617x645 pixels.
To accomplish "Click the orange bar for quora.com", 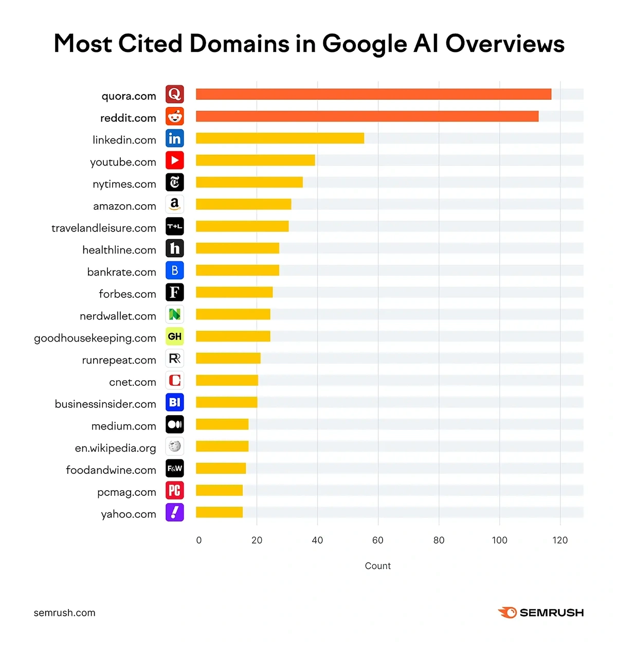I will tap(373, 94).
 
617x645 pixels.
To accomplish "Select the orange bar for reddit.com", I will tap(367, 116).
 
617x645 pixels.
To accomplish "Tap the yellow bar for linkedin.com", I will tap(280, 138).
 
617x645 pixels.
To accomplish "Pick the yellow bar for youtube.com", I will tap(255, 160).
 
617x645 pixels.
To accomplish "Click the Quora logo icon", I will tap(175, 94).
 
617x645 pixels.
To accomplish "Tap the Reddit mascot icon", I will tap(175, 116).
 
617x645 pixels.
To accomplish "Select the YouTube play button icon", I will tap(175, 160).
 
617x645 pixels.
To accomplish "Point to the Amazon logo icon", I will tap(175, 204).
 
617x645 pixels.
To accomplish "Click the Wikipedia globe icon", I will tap(175, 446).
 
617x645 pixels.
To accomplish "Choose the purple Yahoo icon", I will tap(175, 512).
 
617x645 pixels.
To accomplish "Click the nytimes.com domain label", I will tap(124, 184).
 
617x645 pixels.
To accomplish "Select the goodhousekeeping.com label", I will tap(95, 338).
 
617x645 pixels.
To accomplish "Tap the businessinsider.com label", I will tap(105, 404).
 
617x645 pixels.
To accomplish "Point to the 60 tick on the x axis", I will tap(378, 540).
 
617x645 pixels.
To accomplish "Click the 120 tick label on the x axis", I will tap(560, 540).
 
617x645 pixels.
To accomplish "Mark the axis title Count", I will tap(378, 566).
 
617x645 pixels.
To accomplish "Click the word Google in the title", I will tap(365, 44).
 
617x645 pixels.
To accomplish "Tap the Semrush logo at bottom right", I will tap(541, 613).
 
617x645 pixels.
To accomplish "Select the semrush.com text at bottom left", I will tap(65, 613).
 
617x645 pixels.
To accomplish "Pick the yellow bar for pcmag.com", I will tap(219, 490).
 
